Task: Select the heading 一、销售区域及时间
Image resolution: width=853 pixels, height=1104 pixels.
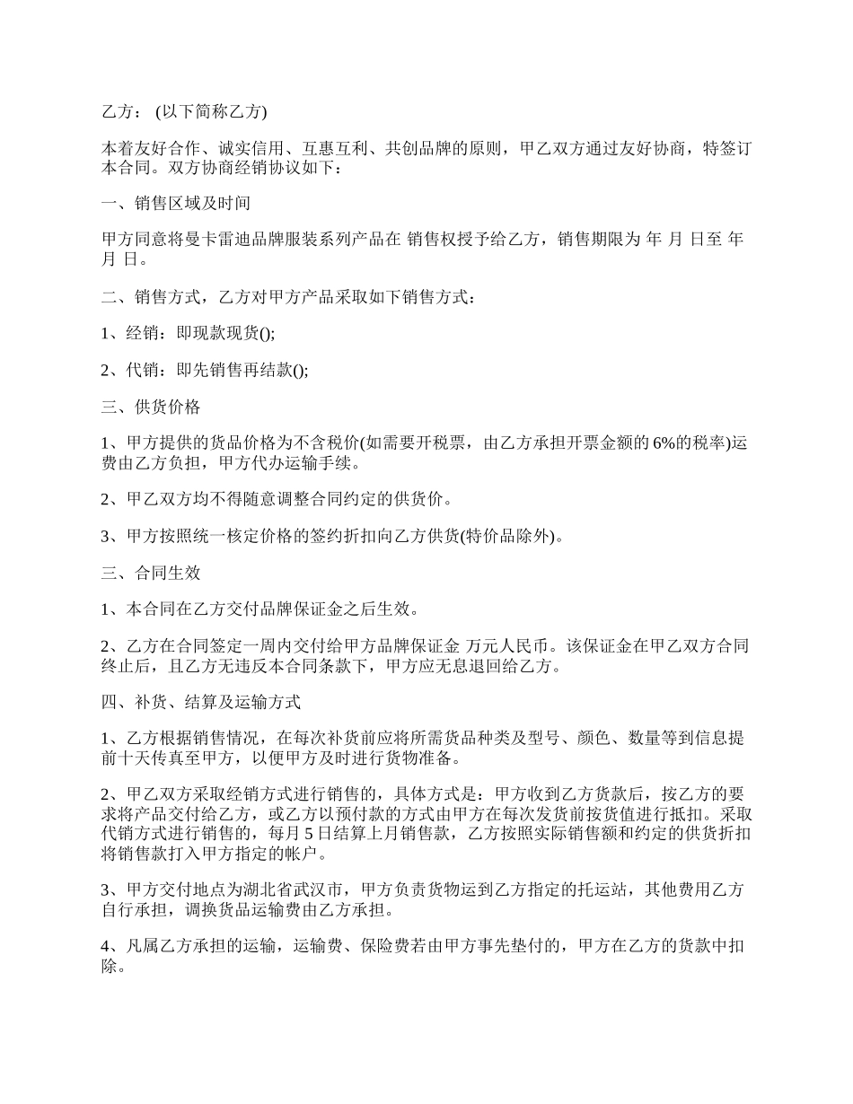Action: click(x=175, y=204)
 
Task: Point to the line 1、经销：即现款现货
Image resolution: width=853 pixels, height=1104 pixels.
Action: click(x=189, y=333)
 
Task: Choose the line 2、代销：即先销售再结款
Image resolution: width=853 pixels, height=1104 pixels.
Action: click(x=205, y=371)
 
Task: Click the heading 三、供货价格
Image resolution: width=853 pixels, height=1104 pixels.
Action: click(x=150, y=407)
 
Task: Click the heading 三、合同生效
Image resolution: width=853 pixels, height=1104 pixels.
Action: click(x=150, y=573)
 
